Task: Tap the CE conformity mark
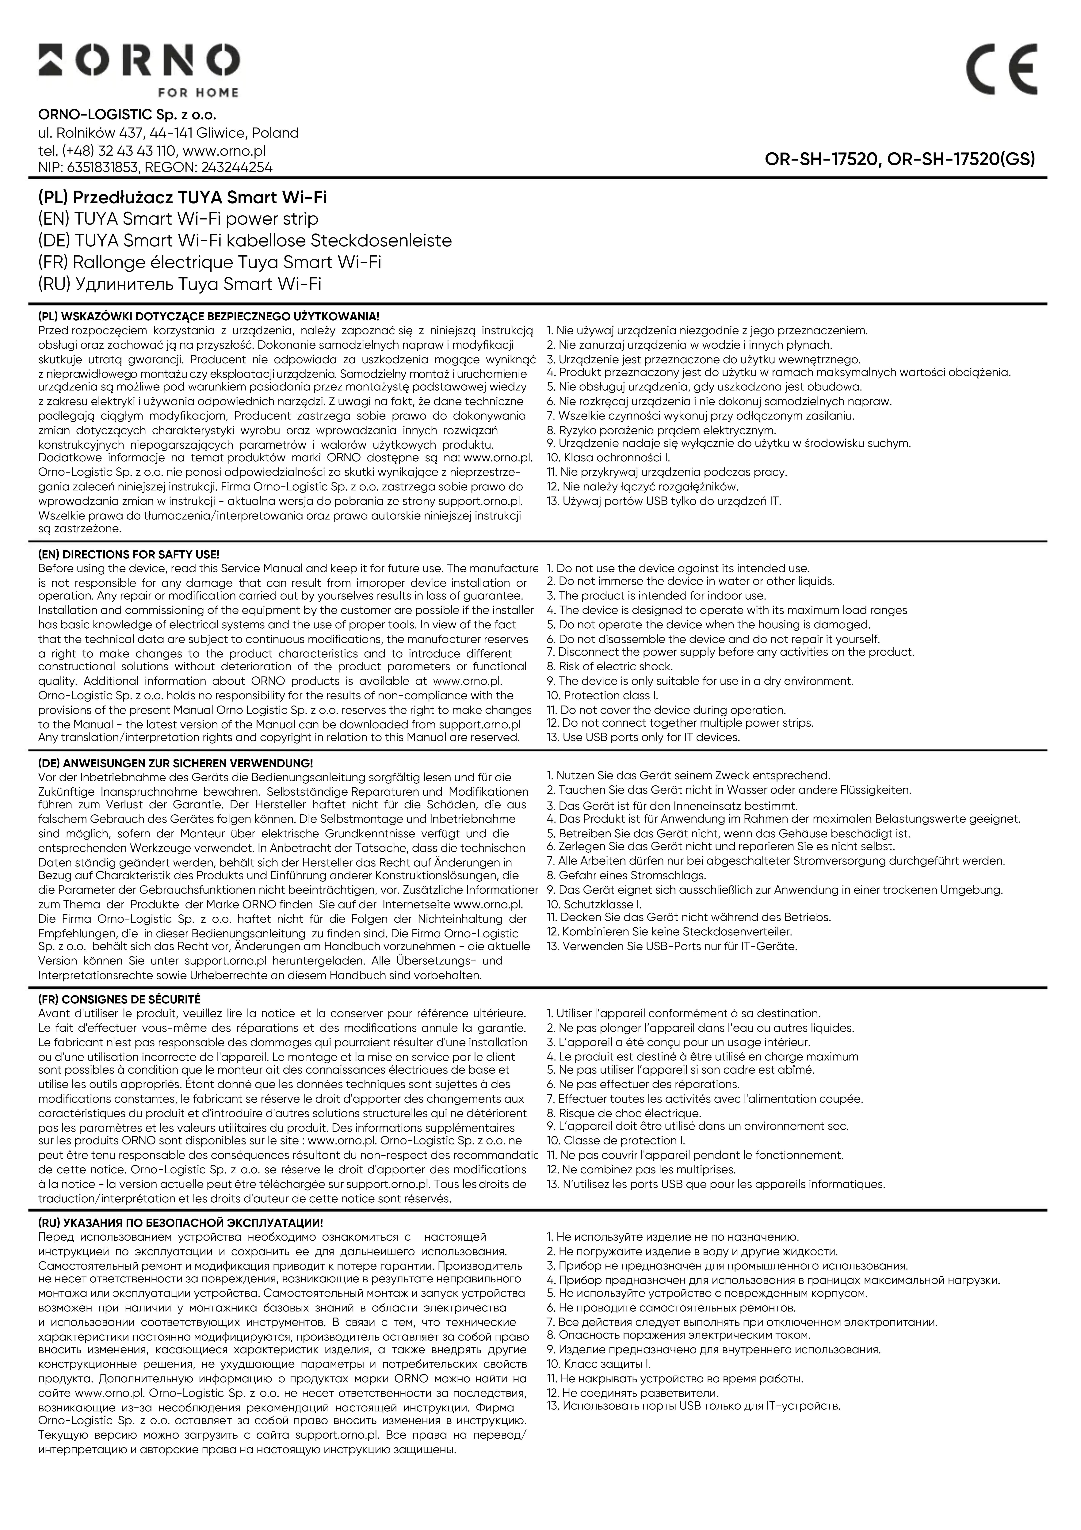(1001, 69)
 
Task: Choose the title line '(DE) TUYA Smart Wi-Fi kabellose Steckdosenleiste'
(245, 241)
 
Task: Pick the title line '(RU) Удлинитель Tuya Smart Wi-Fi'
(180, 284)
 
